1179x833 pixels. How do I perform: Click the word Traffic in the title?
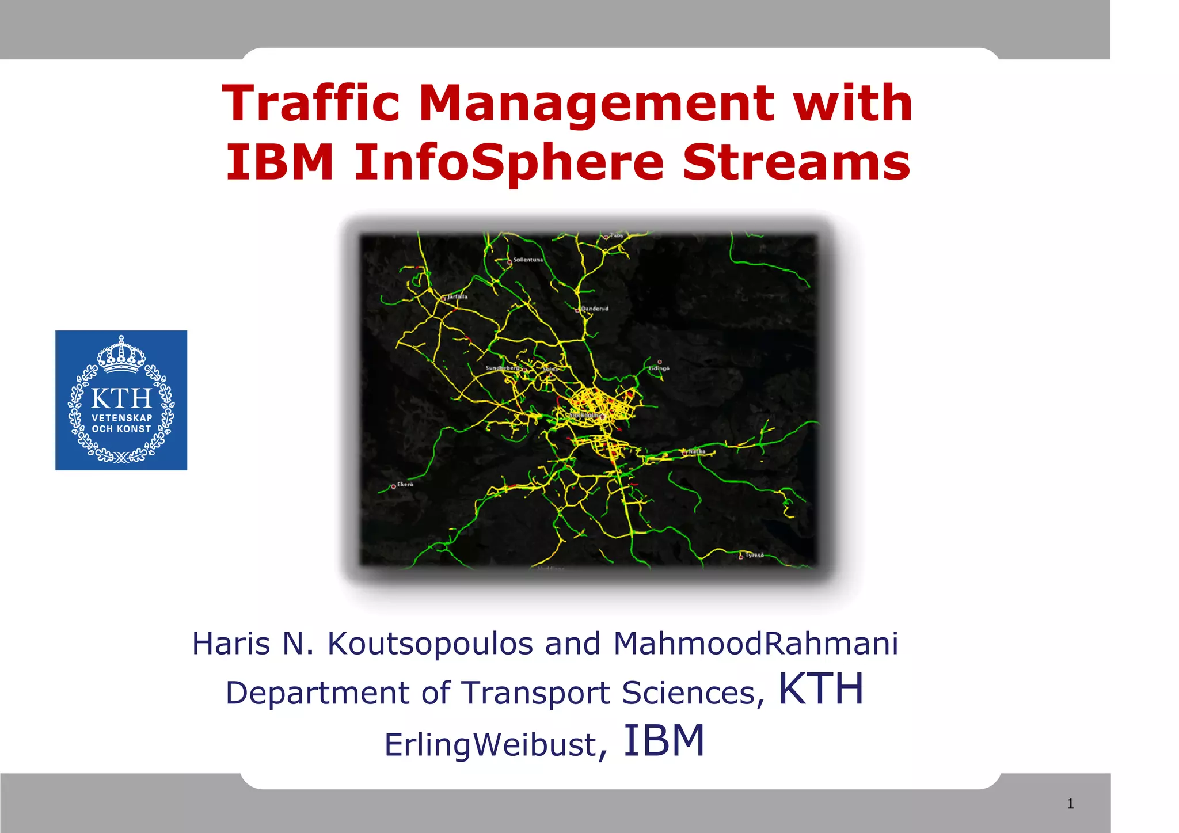pos(311,104)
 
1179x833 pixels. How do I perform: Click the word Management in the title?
pos(596,105)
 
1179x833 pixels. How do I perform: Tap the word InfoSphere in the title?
pos(509,163)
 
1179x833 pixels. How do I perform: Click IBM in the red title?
pos(280,162)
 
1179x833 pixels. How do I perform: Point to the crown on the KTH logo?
pos(121,355)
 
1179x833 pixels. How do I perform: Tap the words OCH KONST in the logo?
pos(121,429)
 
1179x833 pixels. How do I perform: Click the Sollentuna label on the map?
pos(527,260)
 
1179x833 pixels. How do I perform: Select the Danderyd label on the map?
pos(594,309)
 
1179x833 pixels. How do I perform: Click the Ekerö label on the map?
pos(405,484)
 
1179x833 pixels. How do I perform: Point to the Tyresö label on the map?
pos(754,555)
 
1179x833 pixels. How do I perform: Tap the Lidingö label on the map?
pos(659,368)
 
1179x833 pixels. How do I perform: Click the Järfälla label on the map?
pos(458,296)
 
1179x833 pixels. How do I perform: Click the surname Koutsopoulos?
pos(430,644)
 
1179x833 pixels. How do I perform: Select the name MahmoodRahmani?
pos(755,644)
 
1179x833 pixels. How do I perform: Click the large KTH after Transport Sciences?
pos(820,689)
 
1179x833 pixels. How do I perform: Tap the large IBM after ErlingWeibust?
pos(664,741)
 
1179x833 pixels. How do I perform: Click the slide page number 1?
pos(1070,804)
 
